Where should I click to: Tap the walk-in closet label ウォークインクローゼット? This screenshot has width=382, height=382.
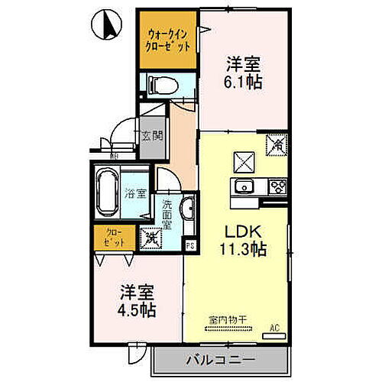168,38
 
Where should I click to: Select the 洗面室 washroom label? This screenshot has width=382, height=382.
167,215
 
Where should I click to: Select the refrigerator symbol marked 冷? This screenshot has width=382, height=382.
277,143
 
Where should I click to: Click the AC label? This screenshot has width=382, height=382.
276,329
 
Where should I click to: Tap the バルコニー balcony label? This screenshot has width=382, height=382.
220,359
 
